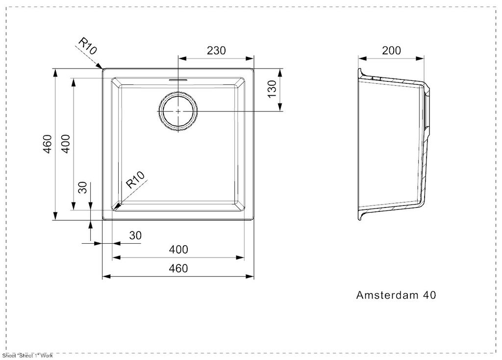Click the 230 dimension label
pyautogui.click(x=216, y=51)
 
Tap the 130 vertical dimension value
pyautogui.click(x=273, y=90)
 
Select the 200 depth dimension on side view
pyautogui.click(x=391, y=51)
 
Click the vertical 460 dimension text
pyautogui.click(x=47, y=143)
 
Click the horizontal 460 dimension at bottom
pyautogui.click(x=178, y=268)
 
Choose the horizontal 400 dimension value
pyautogui.click(x=178, y=250)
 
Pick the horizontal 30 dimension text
pyautogui.click(x=135, y=235)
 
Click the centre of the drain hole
pyautogui.click(x=178, y=111)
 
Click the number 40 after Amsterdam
pyautogui.click(x=429, y=295)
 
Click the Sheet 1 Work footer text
pyautogui.click(x=27, y=356)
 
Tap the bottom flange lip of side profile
pyautogui.click(x=361, y=216)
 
